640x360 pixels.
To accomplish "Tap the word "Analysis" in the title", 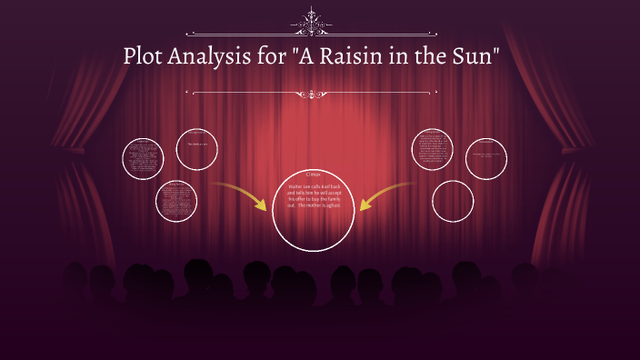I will (x=216, y=56).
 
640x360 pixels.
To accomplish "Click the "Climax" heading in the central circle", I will (x=314, y=175).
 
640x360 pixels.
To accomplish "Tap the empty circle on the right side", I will (x=453, y=201).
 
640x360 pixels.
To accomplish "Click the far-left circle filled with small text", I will (x=148, y=157).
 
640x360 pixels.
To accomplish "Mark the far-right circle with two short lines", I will (x=486, y=159).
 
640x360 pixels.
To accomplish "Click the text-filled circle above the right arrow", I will (x=432, y=149).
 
